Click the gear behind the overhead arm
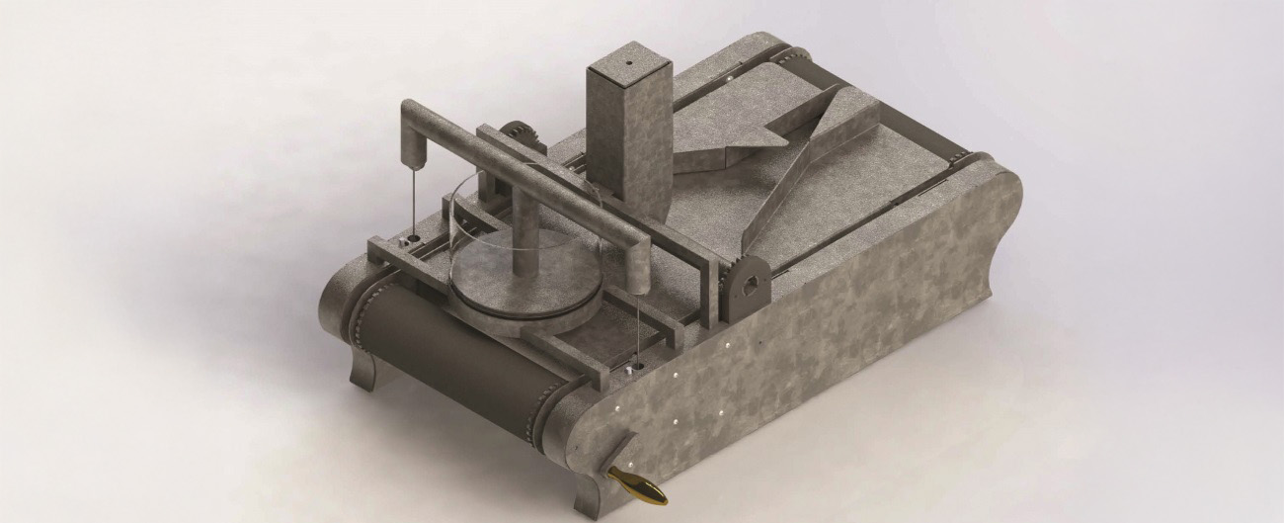515,137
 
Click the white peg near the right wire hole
628,370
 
